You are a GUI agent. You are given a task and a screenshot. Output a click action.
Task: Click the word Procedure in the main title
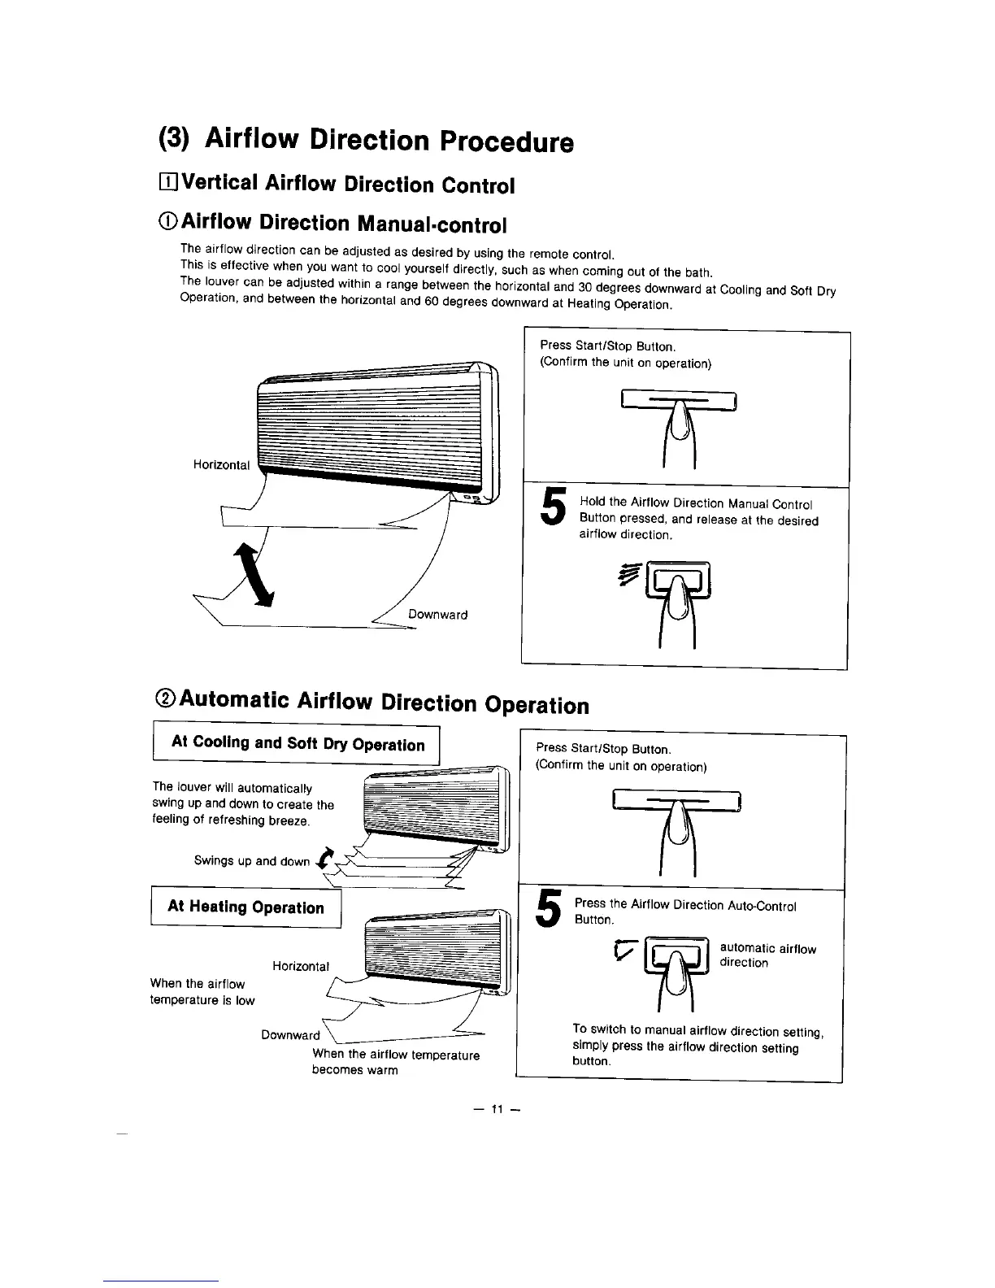click(x=506, y=142)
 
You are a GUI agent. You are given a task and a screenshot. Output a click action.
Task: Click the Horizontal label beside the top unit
click(x=221, y=464)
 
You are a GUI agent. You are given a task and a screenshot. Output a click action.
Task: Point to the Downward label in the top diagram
click(x=437, y=615)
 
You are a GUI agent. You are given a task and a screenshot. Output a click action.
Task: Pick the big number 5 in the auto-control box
click(x=550, y=907)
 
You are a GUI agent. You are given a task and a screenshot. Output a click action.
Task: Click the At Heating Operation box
click(x=245, y=907)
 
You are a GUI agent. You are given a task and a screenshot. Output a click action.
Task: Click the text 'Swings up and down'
click(x=251, y=861)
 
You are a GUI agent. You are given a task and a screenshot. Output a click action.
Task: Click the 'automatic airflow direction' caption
click(x=767, y=955)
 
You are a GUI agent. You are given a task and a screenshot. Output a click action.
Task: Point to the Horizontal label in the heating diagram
click(x=301, y=966)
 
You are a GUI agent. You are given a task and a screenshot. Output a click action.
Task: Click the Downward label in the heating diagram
click(x=290, y=1035)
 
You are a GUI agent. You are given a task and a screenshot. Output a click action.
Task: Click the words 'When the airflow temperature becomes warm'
click(x=395, y=1062)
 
